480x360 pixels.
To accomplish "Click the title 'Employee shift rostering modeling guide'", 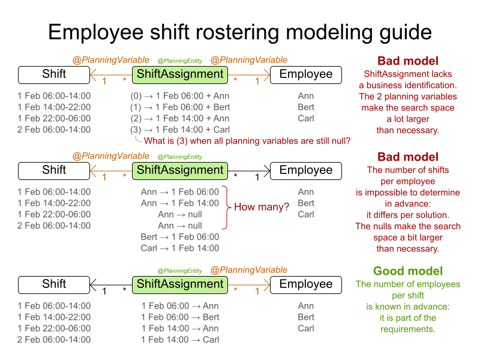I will click(x=240, y=31).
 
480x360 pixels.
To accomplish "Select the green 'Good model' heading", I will click(x=407, y=271).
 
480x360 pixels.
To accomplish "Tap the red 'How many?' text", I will click(x=262, y=207).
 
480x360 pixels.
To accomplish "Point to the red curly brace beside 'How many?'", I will click(x=227, y=208).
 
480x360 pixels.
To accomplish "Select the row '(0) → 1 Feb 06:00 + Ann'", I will click(x=180, y=96).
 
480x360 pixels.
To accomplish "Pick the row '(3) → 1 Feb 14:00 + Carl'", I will click(x=180, y=130).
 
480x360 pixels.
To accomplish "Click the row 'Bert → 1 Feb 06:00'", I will click(x=180, y=237).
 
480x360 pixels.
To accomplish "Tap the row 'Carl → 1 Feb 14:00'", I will click(x=180, y=248).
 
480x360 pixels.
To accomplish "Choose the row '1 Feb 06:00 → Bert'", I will click(x=180, y=317).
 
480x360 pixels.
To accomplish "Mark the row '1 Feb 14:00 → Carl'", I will click(x=180, y=340).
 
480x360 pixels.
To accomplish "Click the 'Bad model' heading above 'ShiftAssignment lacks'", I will click(x=407, y=61).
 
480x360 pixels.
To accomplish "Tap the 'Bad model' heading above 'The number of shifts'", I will click(x=407, y=157).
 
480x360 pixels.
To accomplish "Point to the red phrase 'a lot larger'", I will click(x=407, y=119).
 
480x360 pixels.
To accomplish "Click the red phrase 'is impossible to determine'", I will click(x=407, y=193).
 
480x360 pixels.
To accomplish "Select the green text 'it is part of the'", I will click(x=407, y=318).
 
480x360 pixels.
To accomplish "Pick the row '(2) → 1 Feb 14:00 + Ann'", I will click(x=180, y=118).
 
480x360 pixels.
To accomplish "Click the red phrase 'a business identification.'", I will click(x=407, y=85).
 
